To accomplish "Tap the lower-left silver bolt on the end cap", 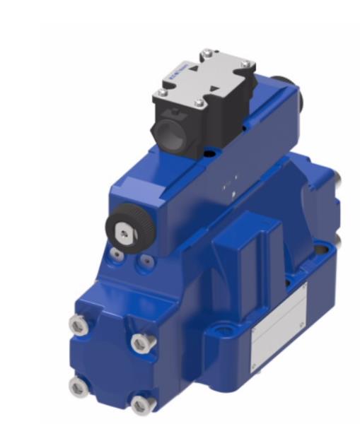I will pos(78,386).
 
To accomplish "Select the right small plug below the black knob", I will pos(146,262).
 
